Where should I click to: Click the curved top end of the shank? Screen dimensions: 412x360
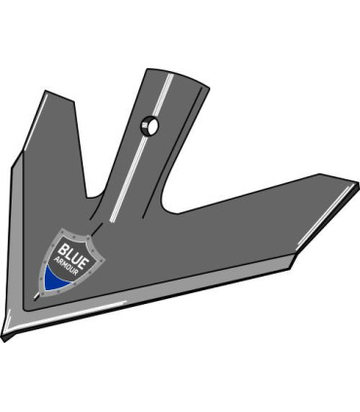point(175,73)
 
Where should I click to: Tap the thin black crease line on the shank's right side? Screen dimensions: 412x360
point(185,146)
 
